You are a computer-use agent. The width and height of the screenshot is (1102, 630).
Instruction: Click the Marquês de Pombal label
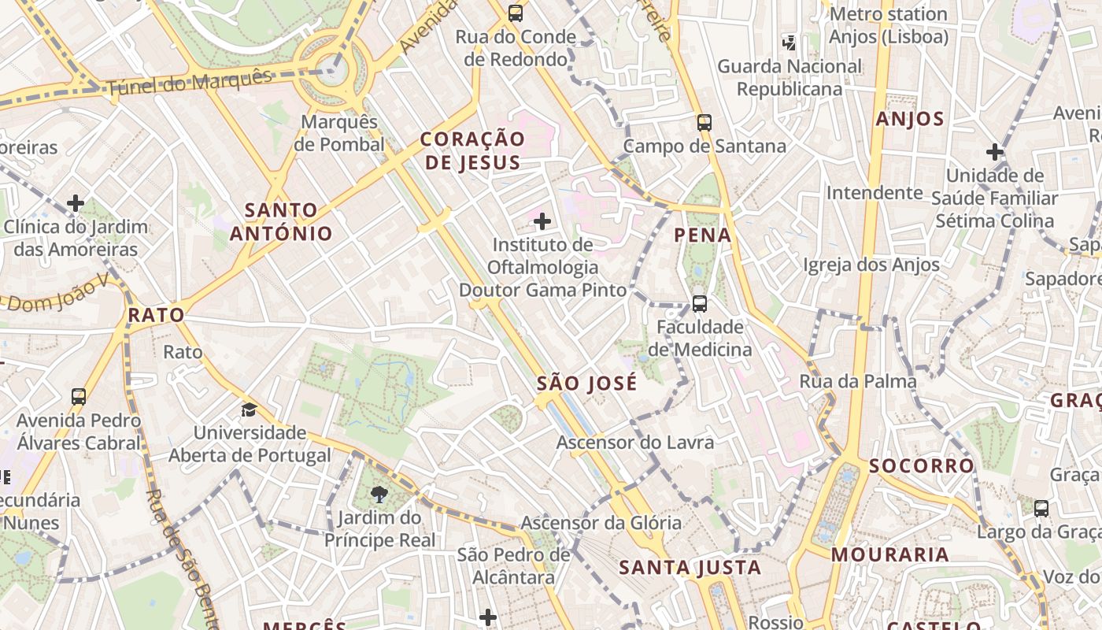(x=340, y=133)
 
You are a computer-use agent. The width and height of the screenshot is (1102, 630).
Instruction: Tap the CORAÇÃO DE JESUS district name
(x=472, y=150)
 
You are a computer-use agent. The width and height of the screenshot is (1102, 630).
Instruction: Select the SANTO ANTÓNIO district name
(x=281, y=221)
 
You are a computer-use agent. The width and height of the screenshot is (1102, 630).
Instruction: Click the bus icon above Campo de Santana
(x=704, y=123)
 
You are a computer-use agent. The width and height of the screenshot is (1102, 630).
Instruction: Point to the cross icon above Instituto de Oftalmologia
(x=542, y=221)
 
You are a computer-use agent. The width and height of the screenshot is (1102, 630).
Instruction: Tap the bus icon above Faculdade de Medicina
(x=699, y=303)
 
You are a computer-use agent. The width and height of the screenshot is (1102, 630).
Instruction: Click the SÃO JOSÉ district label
(x=586, y=384)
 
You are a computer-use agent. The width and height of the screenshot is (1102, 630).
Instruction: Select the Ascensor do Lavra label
(x=635, y=442)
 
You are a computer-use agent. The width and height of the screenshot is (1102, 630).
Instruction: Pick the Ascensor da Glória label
(x=601, y=522)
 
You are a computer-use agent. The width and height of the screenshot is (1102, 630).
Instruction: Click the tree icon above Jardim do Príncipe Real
(x=379, y=494)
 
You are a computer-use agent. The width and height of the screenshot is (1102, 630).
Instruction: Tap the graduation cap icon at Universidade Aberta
(x=249, y=409)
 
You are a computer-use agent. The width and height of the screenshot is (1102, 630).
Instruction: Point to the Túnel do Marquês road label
(x=189, y=83)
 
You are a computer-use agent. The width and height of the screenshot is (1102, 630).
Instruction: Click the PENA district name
(x=703, y=235)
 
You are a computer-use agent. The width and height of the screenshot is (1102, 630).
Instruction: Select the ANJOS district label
(x=909, y=119)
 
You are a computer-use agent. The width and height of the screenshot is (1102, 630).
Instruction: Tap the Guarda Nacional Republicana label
(x=790, y=77)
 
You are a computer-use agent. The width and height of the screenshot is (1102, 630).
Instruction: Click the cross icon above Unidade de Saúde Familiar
(x=995, y=151)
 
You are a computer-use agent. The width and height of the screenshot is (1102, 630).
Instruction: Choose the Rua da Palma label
(x=858, y=382)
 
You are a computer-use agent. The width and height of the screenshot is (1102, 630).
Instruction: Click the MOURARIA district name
(x=889, y=554)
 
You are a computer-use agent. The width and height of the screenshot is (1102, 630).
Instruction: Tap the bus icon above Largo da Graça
(x=1041, y=508)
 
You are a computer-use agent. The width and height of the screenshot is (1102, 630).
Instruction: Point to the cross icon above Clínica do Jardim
(x=76, y=203)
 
